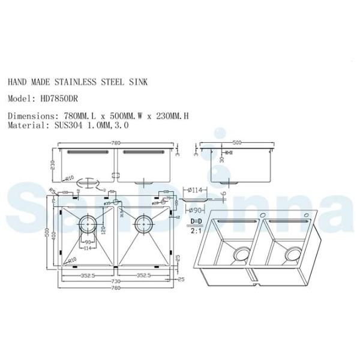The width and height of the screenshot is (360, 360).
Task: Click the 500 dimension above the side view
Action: pos(237,143)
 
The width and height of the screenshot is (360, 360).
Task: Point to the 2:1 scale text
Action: pos(196,229)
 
